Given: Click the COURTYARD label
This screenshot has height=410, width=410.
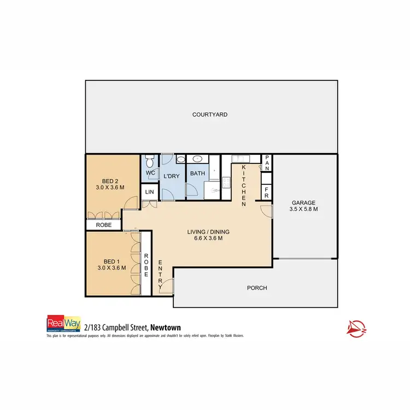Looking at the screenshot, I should (x=209, y=115).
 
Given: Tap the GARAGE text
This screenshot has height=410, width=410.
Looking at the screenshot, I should (x=303, y=201).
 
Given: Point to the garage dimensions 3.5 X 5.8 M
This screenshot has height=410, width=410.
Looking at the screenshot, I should (x=303, y=209).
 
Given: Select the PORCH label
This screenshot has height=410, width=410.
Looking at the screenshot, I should (x=257, y=288).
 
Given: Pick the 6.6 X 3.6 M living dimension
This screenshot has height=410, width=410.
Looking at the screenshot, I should (x=205, y=238).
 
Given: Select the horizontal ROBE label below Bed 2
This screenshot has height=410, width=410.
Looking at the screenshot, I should (x=104, y=225).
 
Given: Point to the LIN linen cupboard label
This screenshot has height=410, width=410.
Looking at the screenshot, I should (x=149, y=192).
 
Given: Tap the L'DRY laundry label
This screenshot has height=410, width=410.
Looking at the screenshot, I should (x=172, y=176).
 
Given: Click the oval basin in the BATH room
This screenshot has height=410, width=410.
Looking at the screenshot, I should (x=197, y=159).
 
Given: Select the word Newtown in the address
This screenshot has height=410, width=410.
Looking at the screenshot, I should (x=166, y=327).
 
